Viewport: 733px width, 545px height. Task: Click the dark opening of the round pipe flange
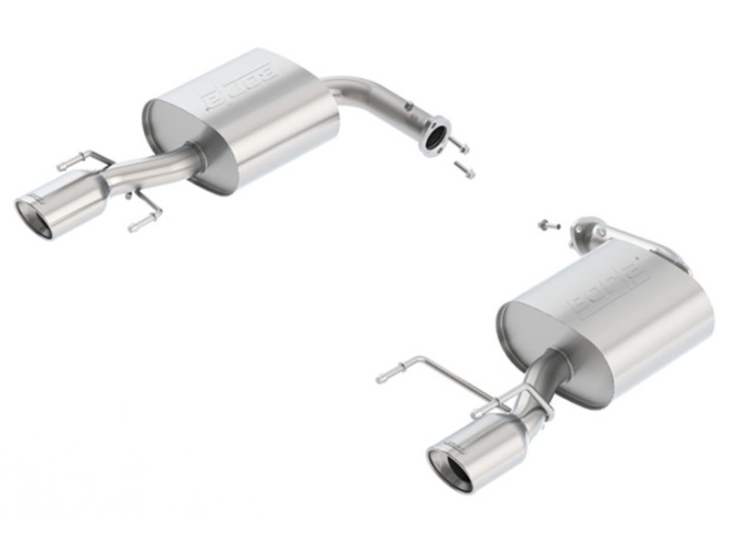(435, 138)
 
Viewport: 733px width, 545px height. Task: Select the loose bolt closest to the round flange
(460, 147)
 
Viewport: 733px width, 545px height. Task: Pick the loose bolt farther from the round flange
(465, 170)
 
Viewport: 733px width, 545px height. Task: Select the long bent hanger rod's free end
(383, 376)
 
